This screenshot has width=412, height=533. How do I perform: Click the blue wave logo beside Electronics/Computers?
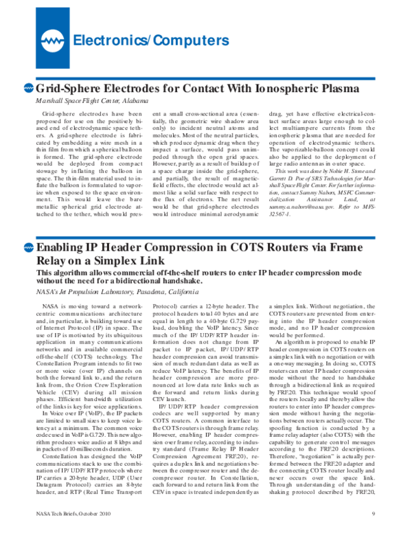coord(51,40)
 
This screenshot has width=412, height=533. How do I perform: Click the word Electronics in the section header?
coord(110,40)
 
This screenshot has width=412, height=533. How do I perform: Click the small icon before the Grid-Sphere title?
coord(28,88)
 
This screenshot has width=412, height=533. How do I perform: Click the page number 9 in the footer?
coord(373,513)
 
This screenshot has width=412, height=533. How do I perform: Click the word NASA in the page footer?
coord(45,513)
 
